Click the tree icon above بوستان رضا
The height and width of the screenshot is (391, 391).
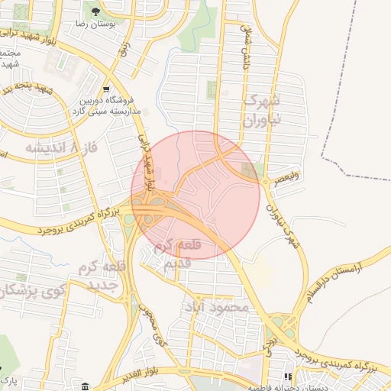pos(95,12)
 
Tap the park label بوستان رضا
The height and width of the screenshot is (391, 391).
pos(96,25)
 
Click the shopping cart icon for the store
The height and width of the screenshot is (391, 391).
pos(106,89)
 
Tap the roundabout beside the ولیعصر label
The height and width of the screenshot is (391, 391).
pos(265,182)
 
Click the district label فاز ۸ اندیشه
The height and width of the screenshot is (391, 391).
pos(51,147)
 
